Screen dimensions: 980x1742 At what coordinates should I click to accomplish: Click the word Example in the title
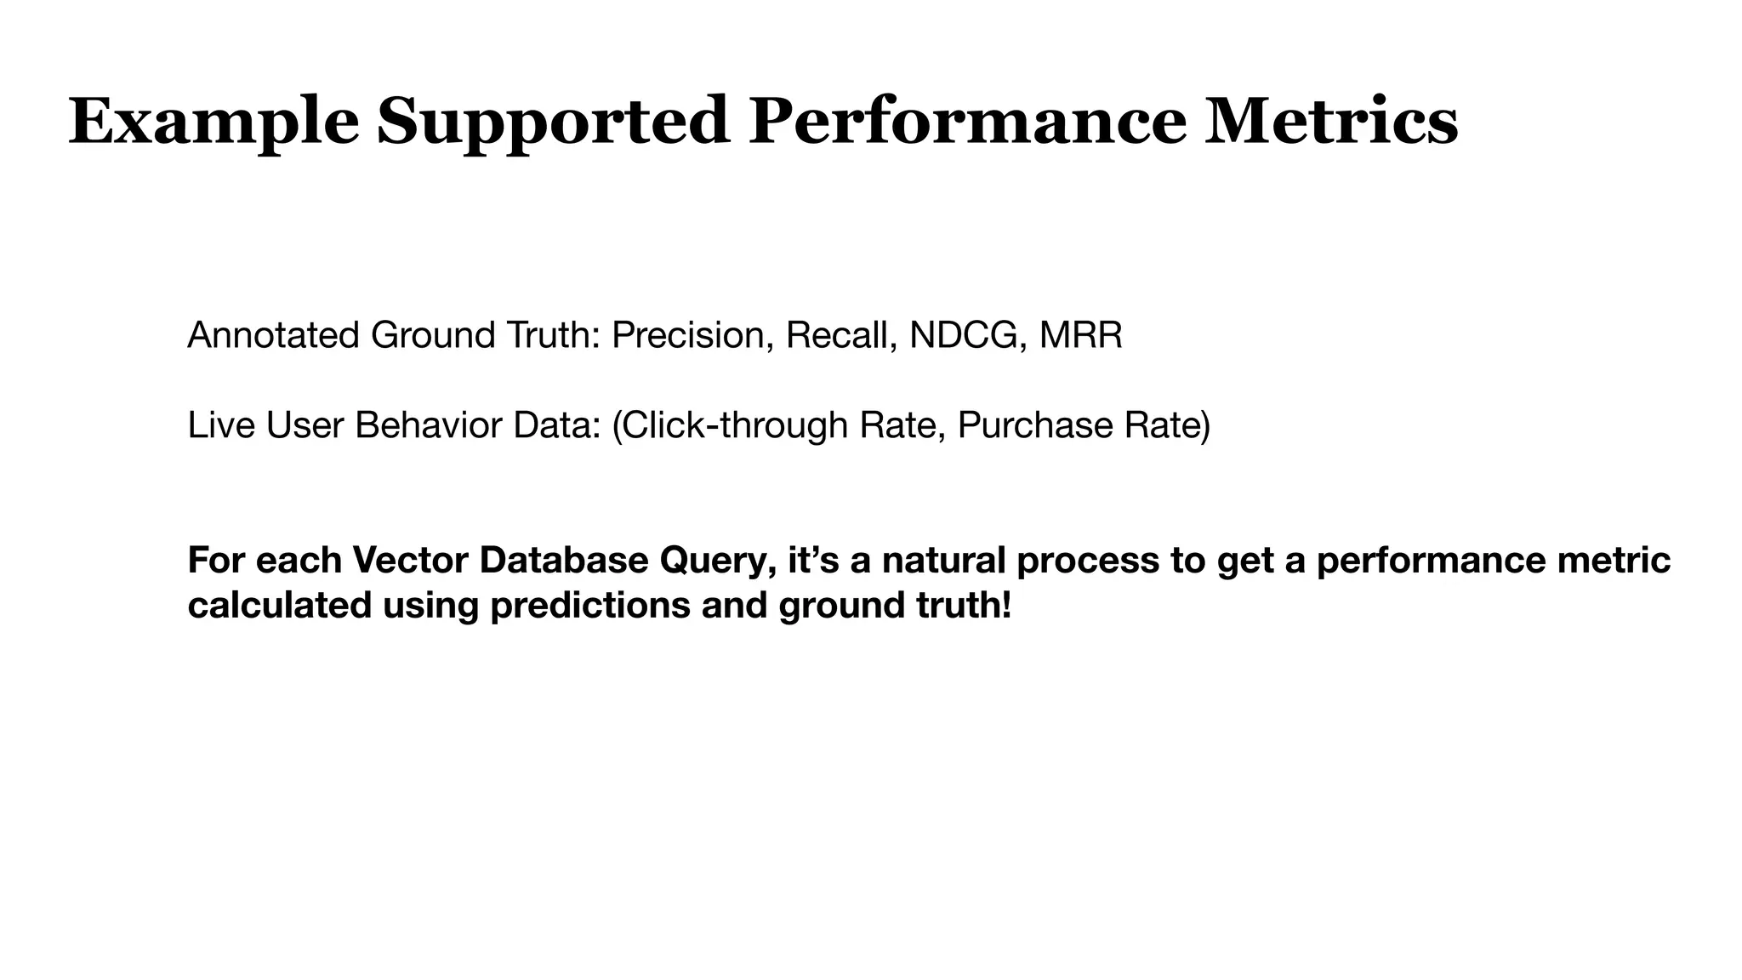coord(213,122)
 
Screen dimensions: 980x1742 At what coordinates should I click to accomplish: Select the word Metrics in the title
coord(1331,122)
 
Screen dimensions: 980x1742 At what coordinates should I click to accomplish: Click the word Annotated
coord(274,335)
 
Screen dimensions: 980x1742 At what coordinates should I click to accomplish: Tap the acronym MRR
coord(1080,335)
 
